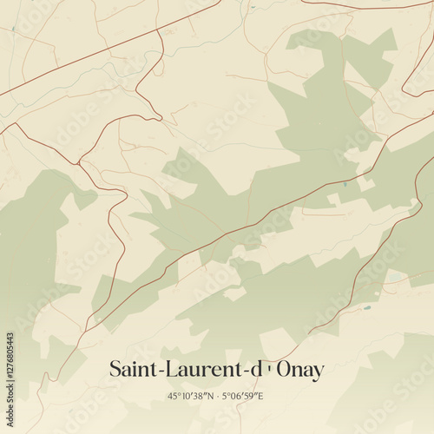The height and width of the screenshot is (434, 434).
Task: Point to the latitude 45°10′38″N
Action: click(x=191, y=396)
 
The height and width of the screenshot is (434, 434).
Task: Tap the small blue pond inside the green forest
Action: click(x=345, y=184)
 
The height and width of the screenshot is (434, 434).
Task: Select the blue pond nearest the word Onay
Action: click(x=367, y=307)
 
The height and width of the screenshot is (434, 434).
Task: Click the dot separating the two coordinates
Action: click(x=216, y=396)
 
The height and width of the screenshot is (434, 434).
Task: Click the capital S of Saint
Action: click(x=115, y=369)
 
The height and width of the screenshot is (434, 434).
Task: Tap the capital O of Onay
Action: click(x=285, y=369)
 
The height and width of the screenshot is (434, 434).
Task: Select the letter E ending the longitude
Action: click(x=260, y=396)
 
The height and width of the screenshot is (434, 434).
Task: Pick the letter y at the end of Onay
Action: click(x=319, y=372)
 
